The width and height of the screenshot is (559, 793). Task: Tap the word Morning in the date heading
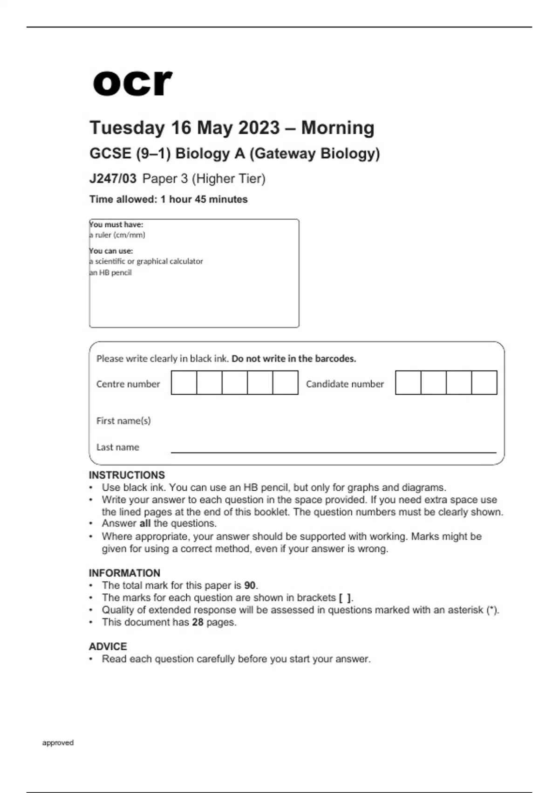pyautogui.click(x=338, y=128)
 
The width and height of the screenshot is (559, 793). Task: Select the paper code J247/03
pyautogui.click(x=113, y=179)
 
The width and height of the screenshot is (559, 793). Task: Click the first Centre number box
pyautogui.click(x=184, y=383)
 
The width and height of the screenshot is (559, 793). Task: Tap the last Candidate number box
pyautogui.click(x=484, y=383)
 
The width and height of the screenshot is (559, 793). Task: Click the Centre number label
pyautogui.click(x=128, y=384)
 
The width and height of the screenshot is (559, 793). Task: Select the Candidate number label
pyautogui.click(x=345, y=384)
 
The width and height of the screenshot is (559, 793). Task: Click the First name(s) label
pyautogui.click(x=123, y=421)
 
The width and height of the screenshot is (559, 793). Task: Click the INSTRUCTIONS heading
pyautogui.click(x=127, y=475)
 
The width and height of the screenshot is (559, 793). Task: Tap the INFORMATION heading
pyautogui.click(x=124, y=573)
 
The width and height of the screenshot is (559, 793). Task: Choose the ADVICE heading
pyautogui.click(x=108, y=647)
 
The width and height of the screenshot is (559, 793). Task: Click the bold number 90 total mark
pyautogui.click(x=250, y=585)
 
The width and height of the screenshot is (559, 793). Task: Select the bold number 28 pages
pyautogui.click(x=198, y=622)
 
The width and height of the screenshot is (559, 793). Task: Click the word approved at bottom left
pyautogui.click(x=58, y=743)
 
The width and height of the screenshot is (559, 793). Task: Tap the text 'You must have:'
pyautogui.click(x=116, y=224)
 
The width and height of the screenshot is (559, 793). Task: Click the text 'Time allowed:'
pyautogui.click(x=123, y=199)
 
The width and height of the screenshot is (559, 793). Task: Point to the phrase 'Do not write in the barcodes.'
pyautogui.click(x=293, y=359)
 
